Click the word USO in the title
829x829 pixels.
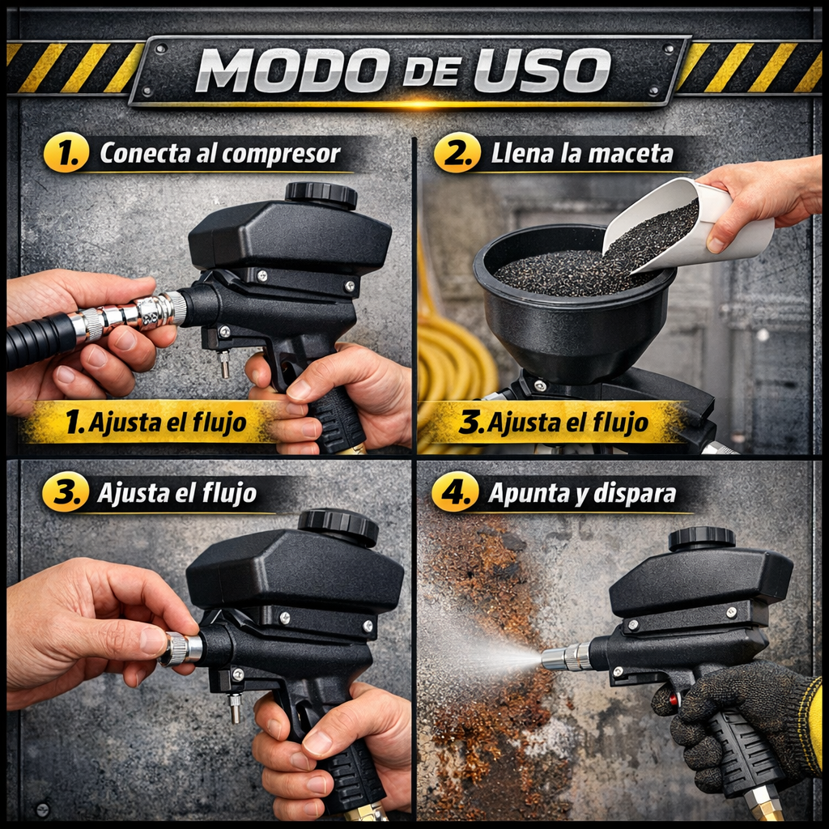(x=542, y=71)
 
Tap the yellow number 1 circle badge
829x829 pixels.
(x=66, y=153)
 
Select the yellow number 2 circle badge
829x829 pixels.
(x=457, y=153)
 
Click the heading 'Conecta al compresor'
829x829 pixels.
(x=219, y=153)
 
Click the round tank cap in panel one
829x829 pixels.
(x=321, y=194)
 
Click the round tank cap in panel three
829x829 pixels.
(x=338, y=526)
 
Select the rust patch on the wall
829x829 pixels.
(x=486, y=648)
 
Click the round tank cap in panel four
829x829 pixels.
(x=701, y=538)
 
